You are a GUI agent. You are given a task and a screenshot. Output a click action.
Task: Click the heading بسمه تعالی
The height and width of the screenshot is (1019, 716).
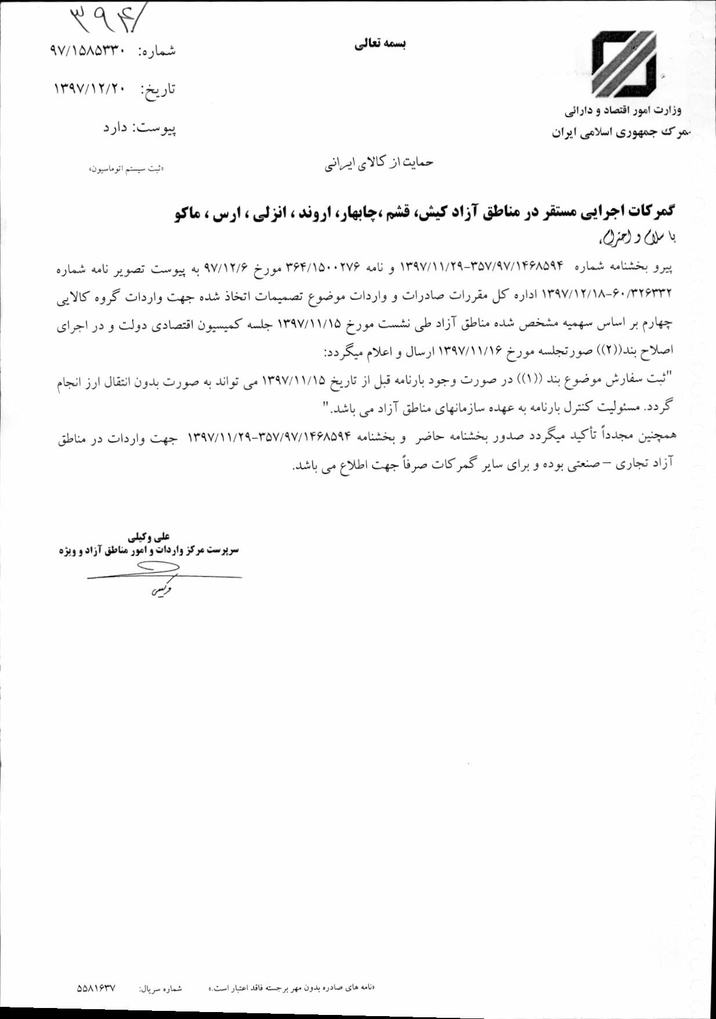380,44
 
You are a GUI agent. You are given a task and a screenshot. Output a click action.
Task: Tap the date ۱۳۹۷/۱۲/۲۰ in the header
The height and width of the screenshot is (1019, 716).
90,89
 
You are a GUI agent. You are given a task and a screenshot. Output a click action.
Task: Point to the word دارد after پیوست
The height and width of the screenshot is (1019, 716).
115,127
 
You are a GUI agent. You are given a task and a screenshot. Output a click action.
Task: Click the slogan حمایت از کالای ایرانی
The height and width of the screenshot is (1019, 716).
378,163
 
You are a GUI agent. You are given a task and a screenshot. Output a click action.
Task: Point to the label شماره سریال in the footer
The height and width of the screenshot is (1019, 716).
160,988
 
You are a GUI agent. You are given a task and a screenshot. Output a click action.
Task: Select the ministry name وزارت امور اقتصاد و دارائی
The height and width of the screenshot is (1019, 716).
623,110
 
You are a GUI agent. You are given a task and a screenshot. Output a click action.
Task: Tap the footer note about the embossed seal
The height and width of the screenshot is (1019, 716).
292,987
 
